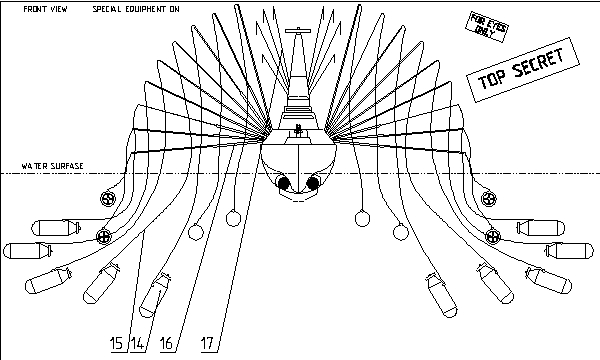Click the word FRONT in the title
coord(35,9)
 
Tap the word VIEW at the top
coord(59,9)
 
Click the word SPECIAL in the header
coord(107,9)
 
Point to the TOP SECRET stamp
coord(523,70)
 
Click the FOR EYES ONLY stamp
coord(487,26)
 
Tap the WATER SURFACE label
coord(52,166)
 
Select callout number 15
coord(116,343)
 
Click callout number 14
coord(137,343)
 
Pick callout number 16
coord(166,343)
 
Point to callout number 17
coord(207,343)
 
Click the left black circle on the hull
coord(284,183)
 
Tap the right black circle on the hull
coord(313,183)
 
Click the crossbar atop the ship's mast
coord(298,31)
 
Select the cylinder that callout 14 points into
coord(155,295)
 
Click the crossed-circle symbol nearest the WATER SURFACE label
coord(108,198)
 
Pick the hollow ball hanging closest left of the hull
coord(233,218)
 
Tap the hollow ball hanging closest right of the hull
coord(362,218)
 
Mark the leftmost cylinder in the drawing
coord(28,251)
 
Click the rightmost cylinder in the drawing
coord(569,251)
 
